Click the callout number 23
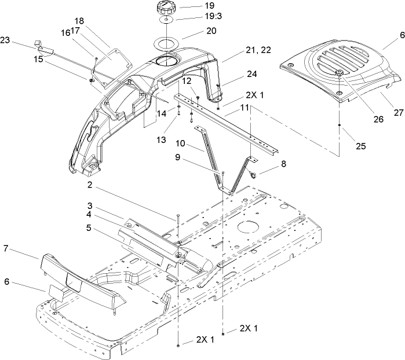coord(5,41)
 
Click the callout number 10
coord(196,143)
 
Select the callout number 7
coord(5,248)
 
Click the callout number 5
coord(89,227)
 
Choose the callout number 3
coord(90,205)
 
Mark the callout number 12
coord(187,81)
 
